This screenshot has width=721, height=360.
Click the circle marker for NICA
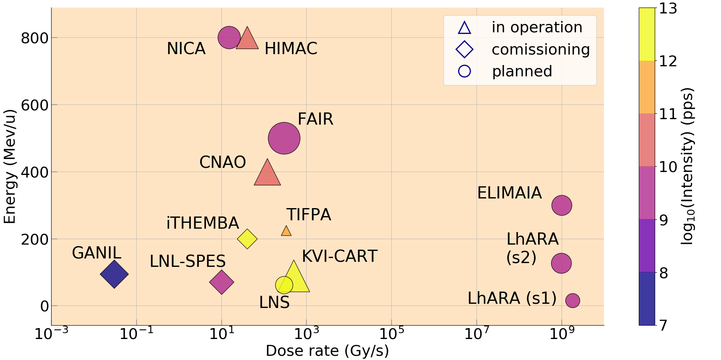pyautogui.click(x=229, y=37)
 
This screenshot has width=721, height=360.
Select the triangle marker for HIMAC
pyautogui.click(x=247, y=40)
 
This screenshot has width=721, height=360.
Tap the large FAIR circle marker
pyautogui.click(x=284, y=138)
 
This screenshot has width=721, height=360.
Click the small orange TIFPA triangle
pyautogui.click(x=286, y=231)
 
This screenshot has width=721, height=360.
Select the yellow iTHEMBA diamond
pyautogui.click(x=247, y=239)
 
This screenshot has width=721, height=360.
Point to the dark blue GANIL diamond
pyautogui.click(x=114, y=274)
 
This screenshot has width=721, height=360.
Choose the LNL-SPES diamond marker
pyautogui.click(x=221, y=282)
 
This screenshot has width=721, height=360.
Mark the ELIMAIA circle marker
pyautogui.click(x=562, y=205)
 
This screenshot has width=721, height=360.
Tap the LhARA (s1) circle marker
pyautogui.click(x=573, y=300)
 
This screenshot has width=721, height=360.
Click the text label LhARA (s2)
pyautogui.click(x=532, y=248)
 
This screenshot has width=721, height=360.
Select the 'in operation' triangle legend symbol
pyautogui.click(x=464, y=28)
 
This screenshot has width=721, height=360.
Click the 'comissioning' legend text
pyautogui.click(x=540, y=50)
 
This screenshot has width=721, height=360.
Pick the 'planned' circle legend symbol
pyautogui.click(x=464, y=71)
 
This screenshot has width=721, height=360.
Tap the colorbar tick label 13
pyautogui.click(x=668, y=8)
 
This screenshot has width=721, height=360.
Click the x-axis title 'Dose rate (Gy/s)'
pyautogui.click(x=327, y=351)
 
